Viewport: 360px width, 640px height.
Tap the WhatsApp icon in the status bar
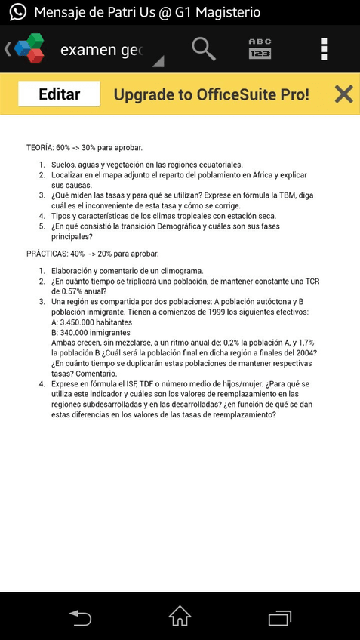[17, 12]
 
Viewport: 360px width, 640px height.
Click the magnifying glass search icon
[203, 50]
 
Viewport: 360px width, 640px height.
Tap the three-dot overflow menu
[324, 50]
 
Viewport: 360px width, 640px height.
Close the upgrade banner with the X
[343, 94]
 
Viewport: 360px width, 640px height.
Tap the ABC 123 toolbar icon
[260, 50]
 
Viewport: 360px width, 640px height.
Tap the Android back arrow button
[79, 617]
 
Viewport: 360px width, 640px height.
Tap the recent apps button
[280, 617]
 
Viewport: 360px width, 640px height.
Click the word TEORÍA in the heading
[39, 148]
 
